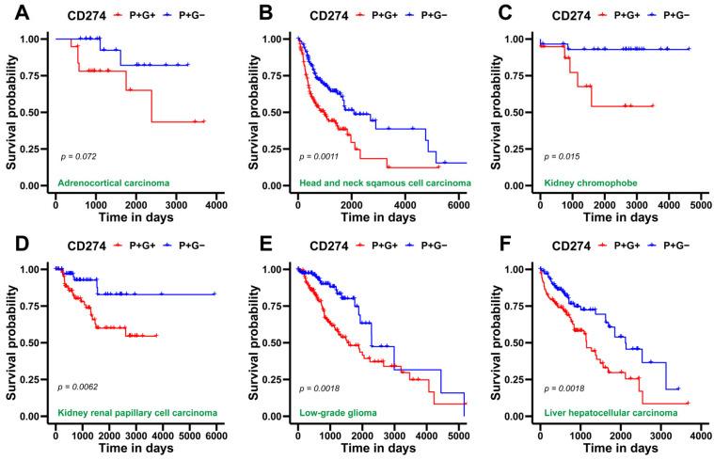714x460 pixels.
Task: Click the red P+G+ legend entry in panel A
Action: pos(130,14)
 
